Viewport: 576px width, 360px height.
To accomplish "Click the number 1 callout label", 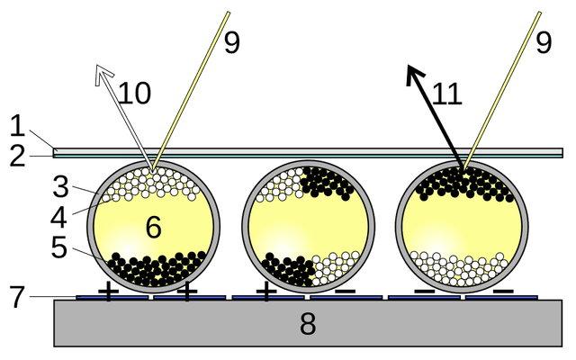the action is (17, 126).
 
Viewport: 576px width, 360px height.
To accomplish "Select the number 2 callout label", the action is (18, 157).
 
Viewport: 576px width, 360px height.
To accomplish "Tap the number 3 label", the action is (60, 186).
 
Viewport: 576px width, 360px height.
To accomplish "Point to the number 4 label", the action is (58, 217).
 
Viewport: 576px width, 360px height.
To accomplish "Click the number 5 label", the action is (59, 247).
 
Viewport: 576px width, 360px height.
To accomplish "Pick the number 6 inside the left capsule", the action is (154, 227).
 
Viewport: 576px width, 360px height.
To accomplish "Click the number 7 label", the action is (17, 297).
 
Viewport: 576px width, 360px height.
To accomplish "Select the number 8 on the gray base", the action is (308, 324).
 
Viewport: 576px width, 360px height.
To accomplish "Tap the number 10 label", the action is (134, 93).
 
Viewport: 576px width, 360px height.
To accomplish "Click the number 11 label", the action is (446, 94).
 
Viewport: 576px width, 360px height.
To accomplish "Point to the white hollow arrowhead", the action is (103, 75).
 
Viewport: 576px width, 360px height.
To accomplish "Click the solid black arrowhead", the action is (414, 75).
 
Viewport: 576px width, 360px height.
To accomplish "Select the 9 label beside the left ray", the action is (232, 43).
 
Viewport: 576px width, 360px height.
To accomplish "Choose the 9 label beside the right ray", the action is (544, 43).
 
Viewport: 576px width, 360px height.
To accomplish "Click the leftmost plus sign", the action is (108, 292).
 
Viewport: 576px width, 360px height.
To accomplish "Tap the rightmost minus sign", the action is (503, 292).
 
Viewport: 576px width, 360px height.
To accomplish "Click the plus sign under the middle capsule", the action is (266, 292).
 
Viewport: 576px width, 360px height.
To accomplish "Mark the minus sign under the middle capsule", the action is (346, 292).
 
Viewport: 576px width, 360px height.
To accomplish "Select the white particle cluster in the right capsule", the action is (459, 269).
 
